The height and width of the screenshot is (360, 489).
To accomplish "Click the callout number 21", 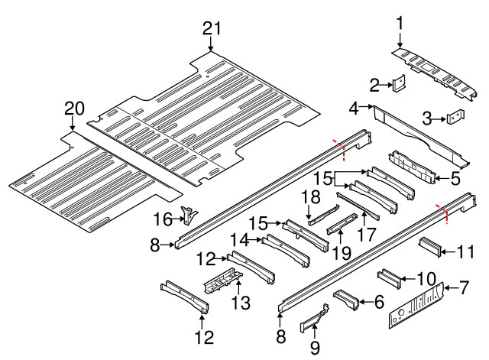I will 212,29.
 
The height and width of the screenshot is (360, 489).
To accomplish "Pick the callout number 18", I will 309,197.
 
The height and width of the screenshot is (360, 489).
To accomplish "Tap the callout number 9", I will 316,348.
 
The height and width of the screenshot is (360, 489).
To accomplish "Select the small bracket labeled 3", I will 455,118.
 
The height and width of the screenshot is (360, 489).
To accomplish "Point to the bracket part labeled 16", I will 186,214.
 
